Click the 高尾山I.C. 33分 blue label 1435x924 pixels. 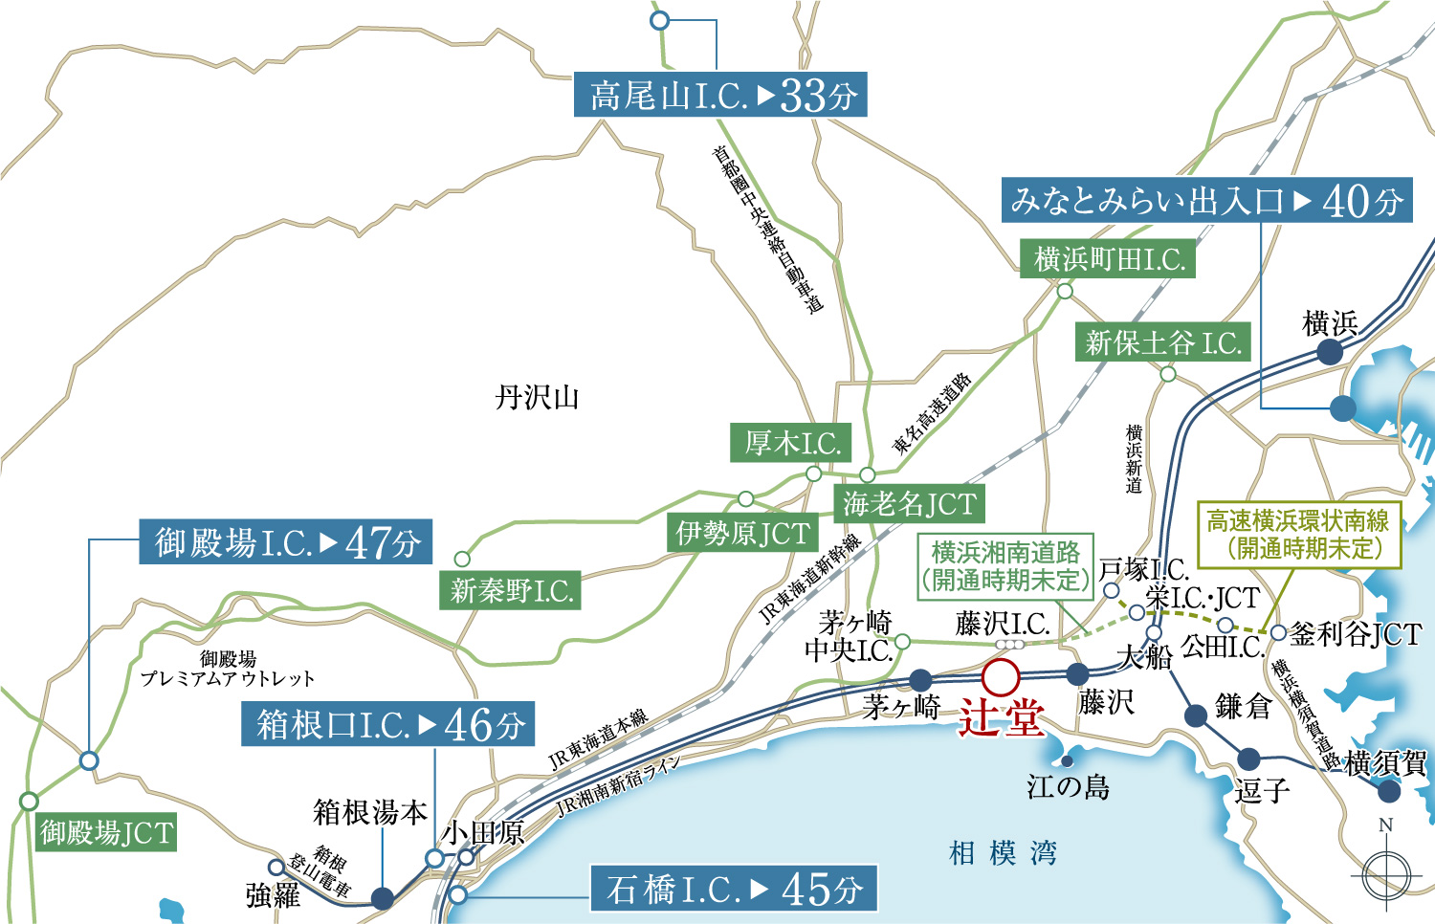point(720,95)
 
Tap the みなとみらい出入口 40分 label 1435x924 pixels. point(1206,200)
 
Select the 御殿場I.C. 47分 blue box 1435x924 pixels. point(286,542)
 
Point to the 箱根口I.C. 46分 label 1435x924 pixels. point(387,724)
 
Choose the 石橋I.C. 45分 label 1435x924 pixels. point(734,889)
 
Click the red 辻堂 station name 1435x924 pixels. point(1001,717)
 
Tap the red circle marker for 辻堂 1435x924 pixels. point(1001,677)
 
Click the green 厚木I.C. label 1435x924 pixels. point(791,443)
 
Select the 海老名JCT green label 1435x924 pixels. point(909,503)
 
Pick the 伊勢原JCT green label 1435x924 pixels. point(742,533)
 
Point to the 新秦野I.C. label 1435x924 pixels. point(511,590)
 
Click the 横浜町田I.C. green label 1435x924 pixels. point(1109,258)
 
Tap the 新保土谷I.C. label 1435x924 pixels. point(1162,341)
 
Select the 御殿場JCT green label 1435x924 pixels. point(106,832)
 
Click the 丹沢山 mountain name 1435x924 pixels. point(538,397)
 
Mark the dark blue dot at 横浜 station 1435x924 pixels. point(1330,352)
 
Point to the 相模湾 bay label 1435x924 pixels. point(1003,852)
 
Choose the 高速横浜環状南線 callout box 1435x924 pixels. point(1298,535)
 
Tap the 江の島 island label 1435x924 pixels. point(1069,787)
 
